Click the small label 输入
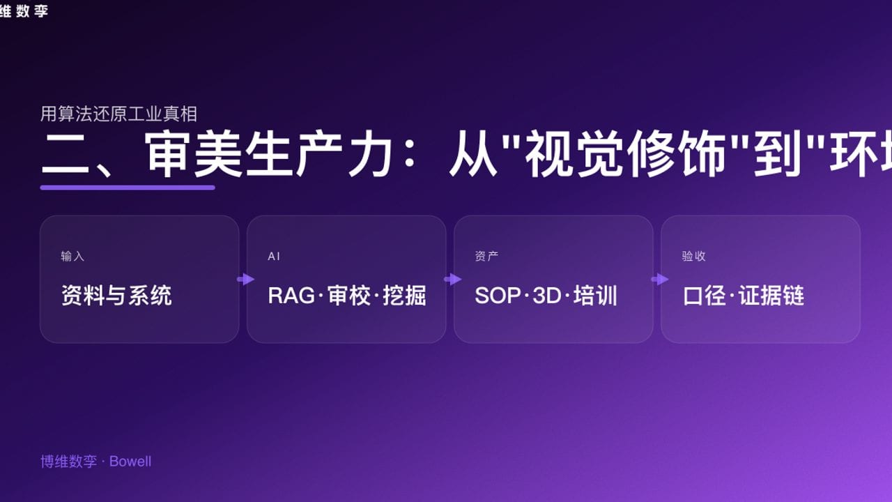point(72,257)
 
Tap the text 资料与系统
point(116,296)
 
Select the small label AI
point(274,257)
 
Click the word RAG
point(291,296)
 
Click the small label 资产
point(486,257)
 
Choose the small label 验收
point(693,257)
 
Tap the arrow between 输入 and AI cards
point(245,279)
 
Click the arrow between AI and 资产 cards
point(452,279)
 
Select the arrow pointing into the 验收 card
point(659,279)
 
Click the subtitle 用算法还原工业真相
point(118,114)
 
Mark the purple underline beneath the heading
point(128,188)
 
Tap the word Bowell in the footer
point(130,462)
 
